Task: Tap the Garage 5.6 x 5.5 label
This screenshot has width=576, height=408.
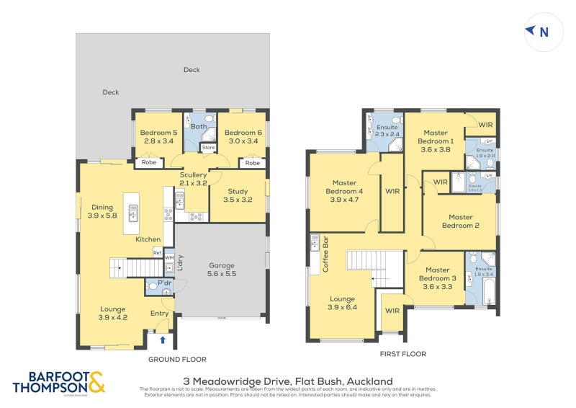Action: tap(222, 269)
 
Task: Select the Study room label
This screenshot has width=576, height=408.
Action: tap(238, 195)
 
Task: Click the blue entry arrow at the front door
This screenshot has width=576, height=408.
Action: tap(162, 340)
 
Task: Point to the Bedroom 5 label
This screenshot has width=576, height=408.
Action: tap(158, 137)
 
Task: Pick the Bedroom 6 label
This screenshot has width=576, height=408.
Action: tap(242, 137)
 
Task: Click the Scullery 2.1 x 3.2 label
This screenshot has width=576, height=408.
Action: tap(193, 179)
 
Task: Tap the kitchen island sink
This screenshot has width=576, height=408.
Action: tap(132, 213)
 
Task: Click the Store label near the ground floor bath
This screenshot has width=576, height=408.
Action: tap(208, 148)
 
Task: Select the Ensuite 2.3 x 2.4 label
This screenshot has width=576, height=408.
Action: tap(387, 130)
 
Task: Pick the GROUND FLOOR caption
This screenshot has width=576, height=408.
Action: tap(177, 359)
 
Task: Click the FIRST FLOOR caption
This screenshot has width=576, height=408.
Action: tap(402, 354)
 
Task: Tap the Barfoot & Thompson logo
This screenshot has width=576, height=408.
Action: tap(59, 383)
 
